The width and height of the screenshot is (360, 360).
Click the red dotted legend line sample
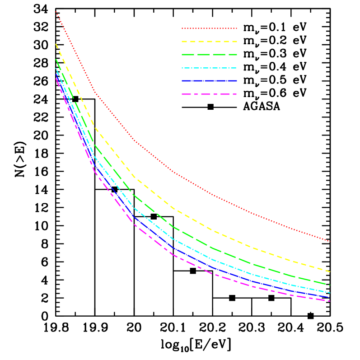point(209,28)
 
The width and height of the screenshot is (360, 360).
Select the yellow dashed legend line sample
point(209,42)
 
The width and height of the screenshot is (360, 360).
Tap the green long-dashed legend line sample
point(209,55)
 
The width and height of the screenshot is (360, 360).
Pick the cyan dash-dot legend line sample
point(209,68)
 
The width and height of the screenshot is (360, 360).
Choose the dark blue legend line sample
point(209,81)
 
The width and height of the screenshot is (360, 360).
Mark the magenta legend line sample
point(209,94)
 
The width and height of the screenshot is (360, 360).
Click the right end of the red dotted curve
point(330,241)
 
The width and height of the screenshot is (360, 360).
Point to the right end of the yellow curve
point(330,271)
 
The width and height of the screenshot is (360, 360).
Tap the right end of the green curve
point(330,285)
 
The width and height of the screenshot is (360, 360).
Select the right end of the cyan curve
point(330,293)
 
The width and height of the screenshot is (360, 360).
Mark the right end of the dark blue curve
point(330,298)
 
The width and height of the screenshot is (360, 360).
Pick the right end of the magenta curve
point(330,301)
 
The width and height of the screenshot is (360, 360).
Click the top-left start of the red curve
point(56,12)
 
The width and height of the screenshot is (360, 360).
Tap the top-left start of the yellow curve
point(56,44)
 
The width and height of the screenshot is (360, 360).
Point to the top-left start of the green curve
point(56,59)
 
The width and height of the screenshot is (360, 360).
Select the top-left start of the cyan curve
point(56,68)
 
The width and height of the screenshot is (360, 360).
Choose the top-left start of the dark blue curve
point(56,72)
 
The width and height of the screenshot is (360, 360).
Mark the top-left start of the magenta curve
point(56,78)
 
